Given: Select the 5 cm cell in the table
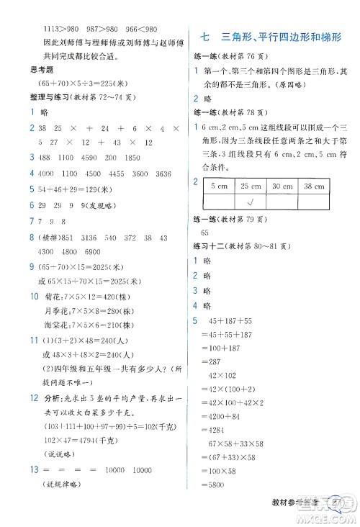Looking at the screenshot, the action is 218,186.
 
